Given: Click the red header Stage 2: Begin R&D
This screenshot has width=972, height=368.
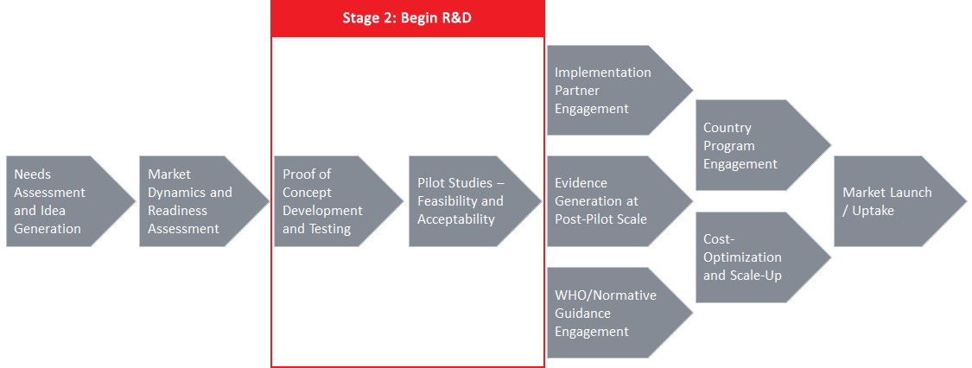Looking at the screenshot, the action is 407,18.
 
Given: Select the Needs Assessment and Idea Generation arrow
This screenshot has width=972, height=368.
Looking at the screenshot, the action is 71,201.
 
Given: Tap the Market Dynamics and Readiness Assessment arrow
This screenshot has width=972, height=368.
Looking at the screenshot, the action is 204,201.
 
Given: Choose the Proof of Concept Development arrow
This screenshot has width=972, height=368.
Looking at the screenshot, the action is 339,201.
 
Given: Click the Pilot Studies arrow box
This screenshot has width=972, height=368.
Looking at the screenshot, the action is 475,201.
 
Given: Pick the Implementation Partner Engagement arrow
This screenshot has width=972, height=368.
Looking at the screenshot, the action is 619,90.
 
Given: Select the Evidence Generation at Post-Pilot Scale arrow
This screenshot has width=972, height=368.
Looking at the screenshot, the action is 619,201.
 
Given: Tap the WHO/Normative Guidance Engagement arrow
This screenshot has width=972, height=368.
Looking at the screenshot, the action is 619,313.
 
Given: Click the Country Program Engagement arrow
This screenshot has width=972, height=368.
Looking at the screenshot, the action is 763,145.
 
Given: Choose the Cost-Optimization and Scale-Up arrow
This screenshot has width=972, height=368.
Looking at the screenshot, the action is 763,257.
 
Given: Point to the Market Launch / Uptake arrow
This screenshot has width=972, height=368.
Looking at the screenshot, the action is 900,201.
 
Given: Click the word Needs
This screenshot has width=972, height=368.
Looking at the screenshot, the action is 33,174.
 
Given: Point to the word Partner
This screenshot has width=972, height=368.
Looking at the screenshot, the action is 578,91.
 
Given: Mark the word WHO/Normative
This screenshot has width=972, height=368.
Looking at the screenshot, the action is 606,295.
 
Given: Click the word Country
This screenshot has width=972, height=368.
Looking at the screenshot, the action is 727,128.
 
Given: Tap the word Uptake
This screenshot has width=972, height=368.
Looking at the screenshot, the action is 872,211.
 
